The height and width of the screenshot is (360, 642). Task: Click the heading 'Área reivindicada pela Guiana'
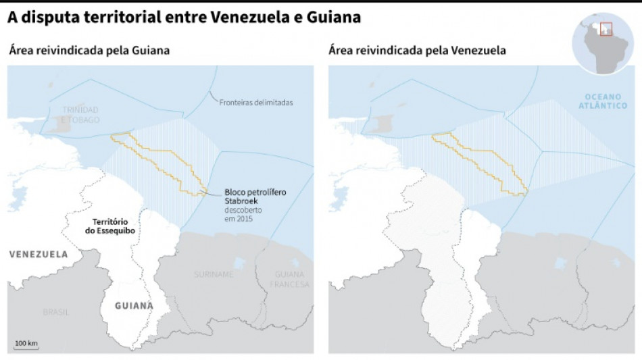coord(89,51)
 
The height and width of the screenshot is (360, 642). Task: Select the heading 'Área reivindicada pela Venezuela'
coord(417,51)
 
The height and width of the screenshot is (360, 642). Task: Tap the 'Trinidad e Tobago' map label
coord(80,115)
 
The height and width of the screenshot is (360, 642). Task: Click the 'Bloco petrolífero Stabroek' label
coord(255,197)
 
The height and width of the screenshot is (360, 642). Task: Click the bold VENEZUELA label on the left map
coord(39,255)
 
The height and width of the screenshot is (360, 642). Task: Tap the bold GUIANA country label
coord(133,305)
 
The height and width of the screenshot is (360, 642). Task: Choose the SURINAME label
coord(214,274)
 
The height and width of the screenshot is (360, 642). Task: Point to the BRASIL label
coord(56,312)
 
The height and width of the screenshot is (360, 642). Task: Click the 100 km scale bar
coord(26,346)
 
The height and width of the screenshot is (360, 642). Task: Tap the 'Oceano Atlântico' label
coord(606,101)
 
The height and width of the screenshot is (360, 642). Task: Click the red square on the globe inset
coord(606,29)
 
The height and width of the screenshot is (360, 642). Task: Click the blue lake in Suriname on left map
coord(237,263)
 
